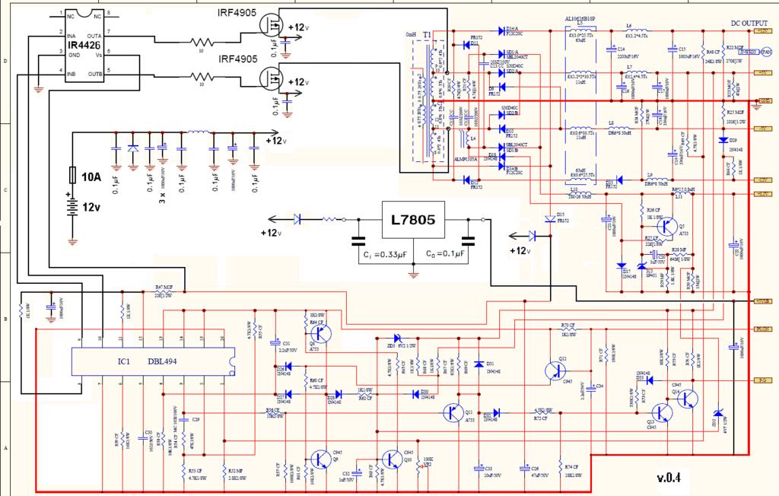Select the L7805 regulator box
pos(412,221)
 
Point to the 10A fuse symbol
pos(72,176)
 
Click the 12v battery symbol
pos(72,208)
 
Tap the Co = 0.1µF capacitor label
pos(449,253)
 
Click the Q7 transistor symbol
pos(667,225)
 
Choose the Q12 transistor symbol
pos(556,371)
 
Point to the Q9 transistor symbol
pos(320,459)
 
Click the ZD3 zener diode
pos(396,339)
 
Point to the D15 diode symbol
pos(549,218)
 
